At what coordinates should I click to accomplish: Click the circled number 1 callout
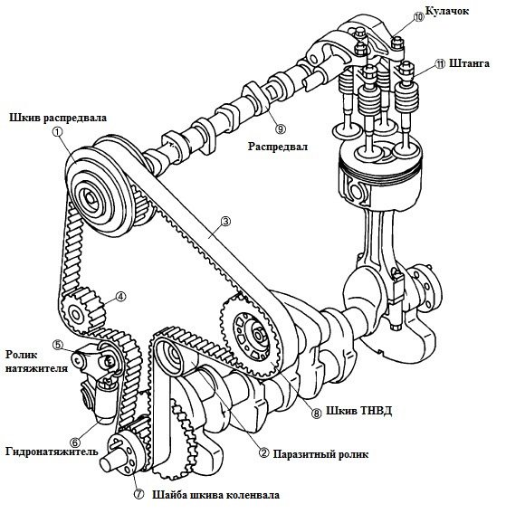pos(57,131)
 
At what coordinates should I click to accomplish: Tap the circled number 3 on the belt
pos(225,221)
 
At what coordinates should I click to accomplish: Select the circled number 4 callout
pos(121,297)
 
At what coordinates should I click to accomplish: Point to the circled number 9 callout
pos(281,128)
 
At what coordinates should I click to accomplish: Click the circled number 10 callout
pos(418,17)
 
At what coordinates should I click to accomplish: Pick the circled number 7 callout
pos(138,494)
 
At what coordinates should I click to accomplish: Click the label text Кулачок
pos(447,11)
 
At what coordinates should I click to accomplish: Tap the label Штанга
pos(469,63)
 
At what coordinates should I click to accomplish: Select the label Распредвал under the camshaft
pos(278,147)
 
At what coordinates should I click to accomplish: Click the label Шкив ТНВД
pos(359,411)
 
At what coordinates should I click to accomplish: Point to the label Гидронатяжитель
pos(52,452)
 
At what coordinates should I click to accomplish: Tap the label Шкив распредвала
pos(58,118)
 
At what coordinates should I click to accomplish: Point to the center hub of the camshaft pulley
pos(90,197)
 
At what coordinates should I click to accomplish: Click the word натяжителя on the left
pos(37,368)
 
